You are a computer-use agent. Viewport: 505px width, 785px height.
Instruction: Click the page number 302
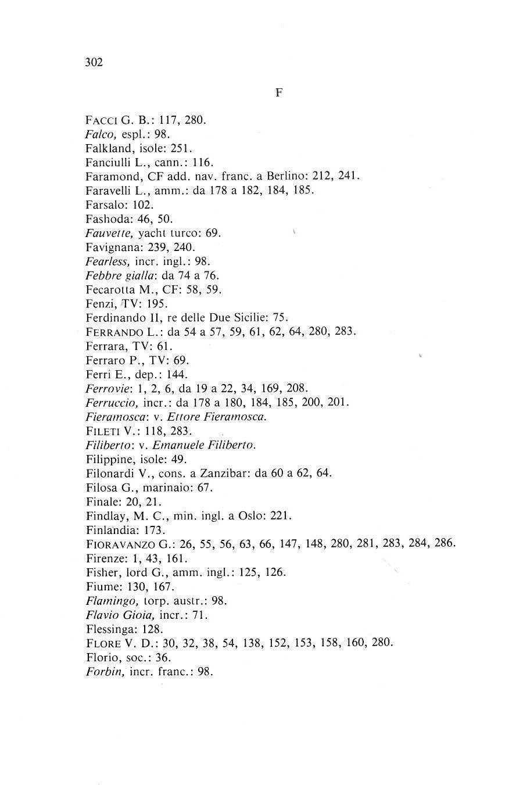coord(94,63)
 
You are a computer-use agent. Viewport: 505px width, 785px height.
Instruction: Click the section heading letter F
coord(278,92)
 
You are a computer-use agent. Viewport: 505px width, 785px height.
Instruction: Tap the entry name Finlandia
coord(109,530)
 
